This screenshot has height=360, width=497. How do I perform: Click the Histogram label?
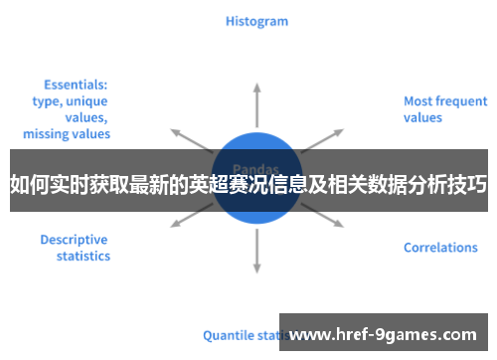pos(256,20)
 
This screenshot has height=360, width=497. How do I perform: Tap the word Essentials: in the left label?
pos(76,86)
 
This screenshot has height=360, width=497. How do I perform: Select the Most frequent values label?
pos(444,109)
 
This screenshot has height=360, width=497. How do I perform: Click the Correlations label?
pos(440,248)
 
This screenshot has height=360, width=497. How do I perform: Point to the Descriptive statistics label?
pos(75,248)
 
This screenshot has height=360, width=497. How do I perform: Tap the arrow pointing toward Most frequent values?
pos(323,139)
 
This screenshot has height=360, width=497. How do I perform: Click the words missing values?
pos(67,133)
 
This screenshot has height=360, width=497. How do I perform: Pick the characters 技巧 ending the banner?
pos(468,184)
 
